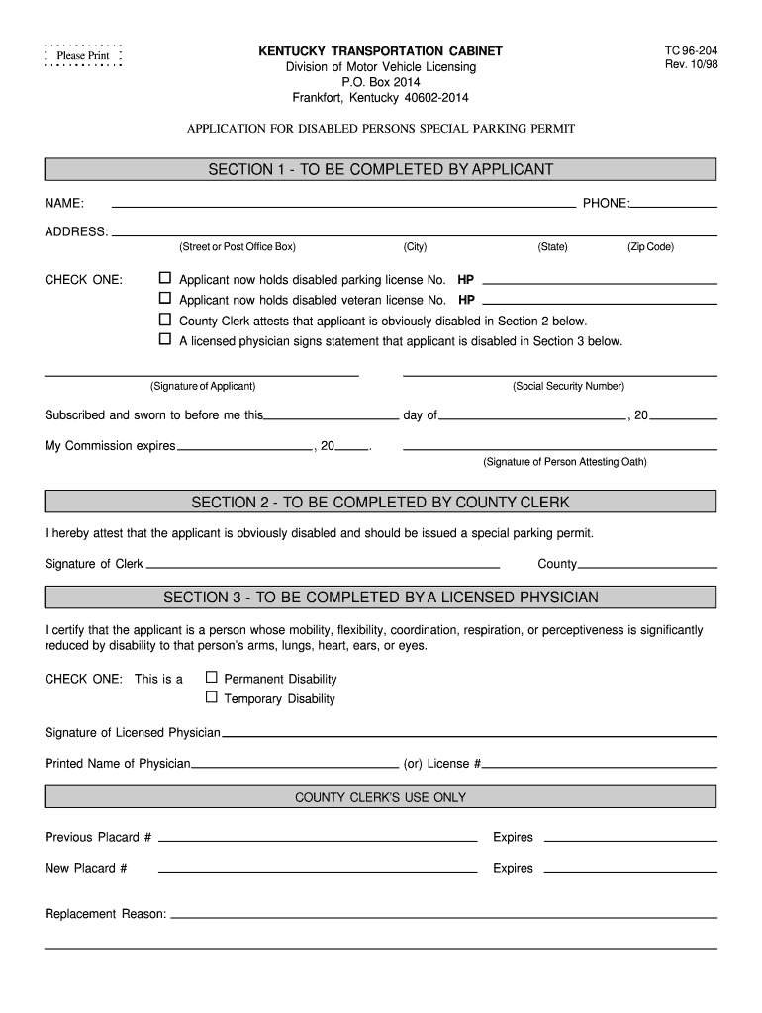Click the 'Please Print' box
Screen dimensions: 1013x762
tap(83, 56)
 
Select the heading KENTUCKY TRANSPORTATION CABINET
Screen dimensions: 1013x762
tap(381, 50)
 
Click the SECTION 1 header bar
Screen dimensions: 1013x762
tap(381, 169)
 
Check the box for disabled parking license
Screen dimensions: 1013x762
tap(165, 278)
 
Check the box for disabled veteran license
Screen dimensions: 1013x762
tap(165, 299)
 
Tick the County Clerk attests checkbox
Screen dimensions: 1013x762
tap(165, 320)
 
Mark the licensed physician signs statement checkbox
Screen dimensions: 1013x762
tap(165, 340)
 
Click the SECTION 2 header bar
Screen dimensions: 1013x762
tap(381, 502)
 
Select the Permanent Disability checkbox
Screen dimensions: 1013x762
tap(211, 678)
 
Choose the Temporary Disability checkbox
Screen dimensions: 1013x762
tap(211, 697)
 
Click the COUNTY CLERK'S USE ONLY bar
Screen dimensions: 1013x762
tap(381, 797)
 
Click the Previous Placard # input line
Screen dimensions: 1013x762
tap(318, 839)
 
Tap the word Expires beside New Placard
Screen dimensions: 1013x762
tap(513, 868)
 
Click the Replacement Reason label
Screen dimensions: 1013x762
tap(106, 914)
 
